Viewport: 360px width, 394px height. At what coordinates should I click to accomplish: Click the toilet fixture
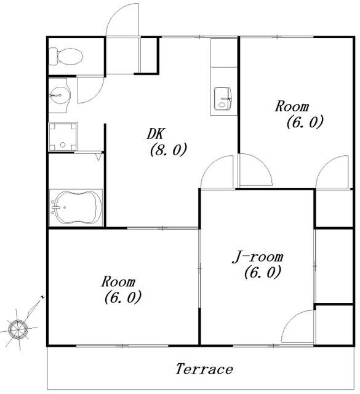pyautogui.click(x=66, y=56)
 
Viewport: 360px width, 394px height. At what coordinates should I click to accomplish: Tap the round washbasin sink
pyautogui.click(x=60, y=95)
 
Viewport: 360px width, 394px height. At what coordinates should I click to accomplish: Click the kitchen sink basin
pyautogui.click(x=223, y=98)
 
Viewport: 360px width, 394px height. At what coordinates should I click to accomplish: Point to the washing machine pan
pyautogui.click(x=63, y=137)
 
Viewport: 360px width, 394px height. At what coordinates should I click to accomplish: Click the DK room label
pyautogui.click(x=155, y=134)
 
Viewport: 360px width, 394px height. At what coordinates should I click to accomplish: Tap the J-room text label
pyautogui.click(x=257, y=257)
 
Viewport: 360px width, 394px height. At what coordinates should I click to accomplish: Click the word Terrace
pyautogui.click(x=204, y=369)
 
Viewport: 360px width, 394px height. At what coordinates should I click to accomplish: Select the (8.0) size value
pyautogui.click(x=169, y=150)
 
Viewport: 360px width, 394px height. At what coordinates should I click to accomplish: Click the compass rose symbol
pyautogui.click(x=18, y=329)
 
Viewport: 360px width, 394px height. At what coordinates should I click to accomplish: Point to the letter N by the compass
pyautogui.click(x=42, y=297)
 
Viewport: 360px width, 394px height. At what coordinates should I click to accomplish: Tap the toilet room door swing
pyautogui.click(x=90, y=90)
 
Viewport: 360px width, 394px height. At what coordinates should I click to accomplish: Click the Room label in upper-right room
pyautogui.click(x=292, y=107)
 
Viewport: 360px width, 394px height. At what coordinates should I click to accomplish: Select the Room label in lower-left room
pyautogui.click(x=118, y=282)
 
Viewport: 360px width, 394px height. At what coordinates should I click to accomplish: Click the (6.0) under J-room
pyautogui.click(x=262, y=272)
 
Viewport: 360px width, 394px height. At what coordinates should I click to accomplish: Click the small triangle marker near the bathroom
pyautogui.click(x=99, y=157)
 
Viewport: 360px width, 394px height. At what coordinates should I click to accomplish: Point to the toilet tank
pyautogui.click(x=53, y=57)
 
